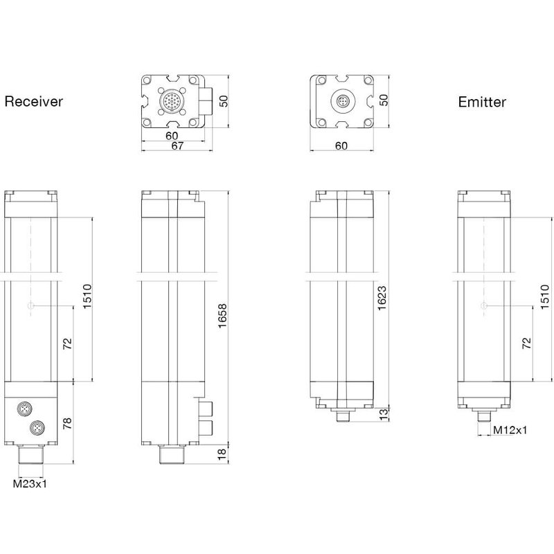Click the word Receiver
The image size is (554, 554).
coord(34,102)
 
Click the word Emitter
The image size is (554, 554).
coord(482,102)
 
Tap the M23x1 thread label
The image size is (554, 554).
coord(30,485)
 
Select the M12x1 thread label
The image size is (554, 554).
coord(510,430)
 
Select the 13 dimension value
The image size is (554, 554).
coord(383,414)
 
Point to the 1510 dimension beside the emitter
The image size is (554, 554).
coord(546,298)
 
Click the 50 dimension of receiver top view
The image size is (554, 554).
coord(223,101)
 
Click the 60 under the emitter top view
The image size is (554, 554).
coord(341,145)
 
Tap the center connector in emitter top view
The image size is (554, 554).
coord(341,102)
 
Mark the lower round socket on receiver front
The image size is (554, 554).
coord(35,429)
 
